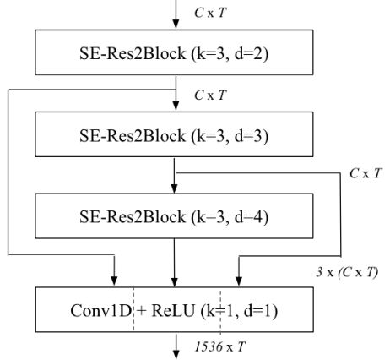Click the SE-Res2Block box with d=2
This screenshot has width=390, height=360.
[174, 52]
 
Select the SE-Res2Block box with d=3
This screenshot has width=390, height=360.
[174, 134]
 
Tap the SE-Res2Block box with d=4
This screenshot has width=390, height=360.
[174, 215]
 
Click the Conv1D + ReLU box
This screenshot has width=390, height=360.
[174, 309]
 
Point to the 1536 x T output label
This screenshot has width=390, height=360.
[220, 346]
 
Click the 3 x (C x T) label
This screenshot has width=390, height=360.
[347, 272]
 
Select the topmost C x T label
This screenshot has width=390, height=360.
[210, 13]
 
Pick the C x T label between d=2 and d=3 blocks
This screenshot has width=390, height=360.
[210, 95]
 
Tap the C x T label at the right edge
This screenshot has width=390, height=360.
[366, 173]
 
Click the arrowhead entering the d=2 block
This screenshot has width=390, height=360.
[176, 25]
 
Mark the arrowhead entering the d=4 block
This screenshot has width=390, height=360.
[174, 188]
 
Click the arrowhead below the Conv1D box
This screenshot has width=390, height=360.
[176, 354]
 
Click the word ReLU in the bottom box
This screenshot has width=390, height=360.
[173, 311]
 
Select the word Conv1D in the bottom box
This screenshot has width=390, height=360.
[101, 311]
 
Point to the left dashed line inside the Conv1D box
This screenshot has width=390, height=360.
[133, 309]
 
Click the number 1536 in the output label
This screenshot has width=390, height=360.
[209, 346]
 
